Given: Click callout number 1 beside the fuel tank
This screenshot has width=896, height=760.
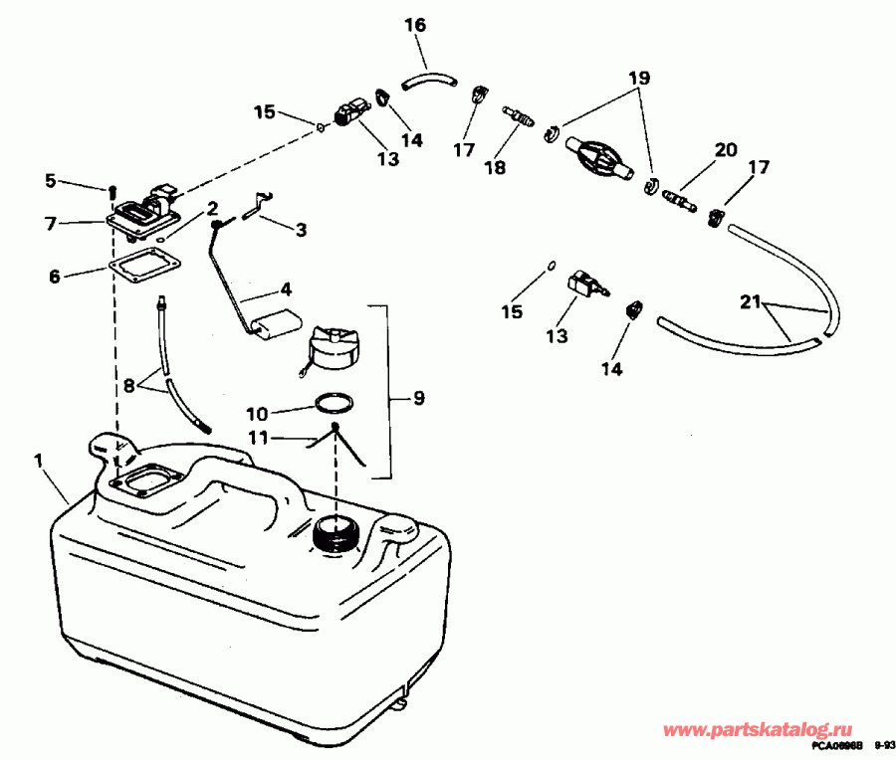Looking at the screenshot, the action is pos(38,461).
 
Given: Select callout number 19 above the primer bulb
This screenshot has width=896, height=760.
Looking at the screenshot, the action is pos(638,78).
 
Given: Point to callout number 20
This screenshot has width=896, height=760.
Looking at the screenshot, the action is pos(725,150).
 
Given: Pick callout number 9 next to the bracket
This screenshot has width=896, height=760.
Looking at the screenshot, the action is pos(418,398).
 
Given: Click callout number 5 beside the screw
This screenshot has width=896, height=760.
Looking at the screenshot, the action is pos(51,180).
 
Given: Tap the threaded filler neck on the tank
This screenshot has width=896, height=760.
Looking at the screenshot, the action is pos(334,534).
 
